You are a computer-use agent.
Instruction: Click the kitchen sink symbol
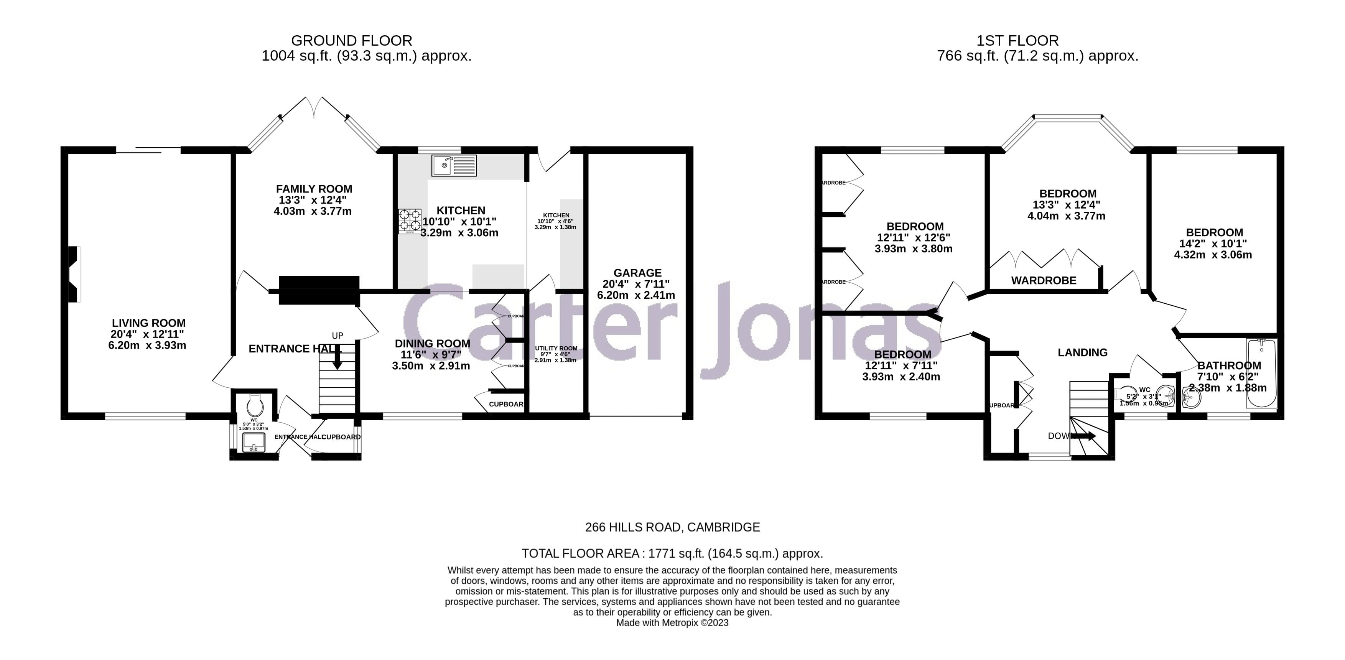[454, 165]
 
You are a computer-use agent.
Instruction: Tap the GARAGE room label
[637, 273]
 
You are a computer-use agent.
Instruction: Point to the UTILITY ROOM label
[556, 348]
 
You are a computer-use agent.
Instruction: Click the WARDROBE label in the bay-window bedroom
[1044, 280]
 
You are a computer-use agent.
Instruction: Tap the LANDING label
[1082, 352]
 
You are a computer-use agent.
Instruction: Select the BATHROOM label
[1229, 365]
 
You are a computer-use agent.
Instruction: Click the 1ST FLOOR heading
[1017, 40]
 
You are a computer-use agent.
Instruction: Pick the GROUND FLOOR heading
[351, 40]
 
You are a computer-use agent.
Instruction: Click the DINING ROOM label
[432, 344]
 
